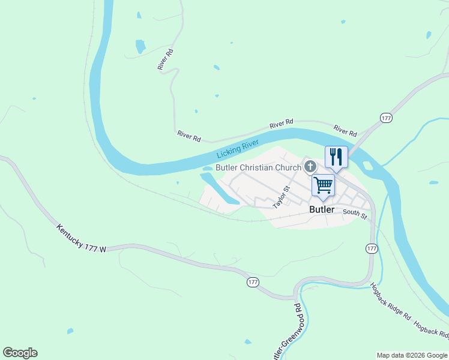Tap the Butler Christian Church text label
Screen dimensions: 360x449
(258, 167)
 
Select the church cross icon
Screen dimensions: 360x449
(310, 166)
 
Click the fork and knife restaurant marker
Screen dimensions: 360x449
(336, 157)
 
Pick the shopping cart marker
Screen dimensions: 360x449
(323, 185)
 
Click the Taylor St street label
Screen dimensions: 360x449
(281, 197)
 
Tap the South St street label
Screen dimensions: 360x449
(355, 214)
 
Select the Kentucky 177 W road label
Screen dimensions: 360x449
(81, 238)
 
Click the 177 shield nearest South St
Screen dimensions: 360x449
(372, 248)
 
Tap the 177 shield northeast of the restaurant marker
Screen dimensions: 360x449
(386, 118)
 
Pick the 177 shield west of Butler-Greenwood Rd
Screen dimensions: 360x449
(253, 281)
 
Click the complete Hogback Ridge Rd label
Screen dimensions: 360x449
(390, 301)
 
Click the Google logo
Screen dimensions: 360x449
(20, 353)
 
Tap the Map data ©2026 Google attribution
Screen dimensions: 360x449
(412, 355)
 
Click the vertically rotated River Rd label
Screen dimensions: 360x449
(166, 59)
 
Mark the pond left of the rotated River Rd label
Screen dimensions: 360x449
(140, 46)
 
